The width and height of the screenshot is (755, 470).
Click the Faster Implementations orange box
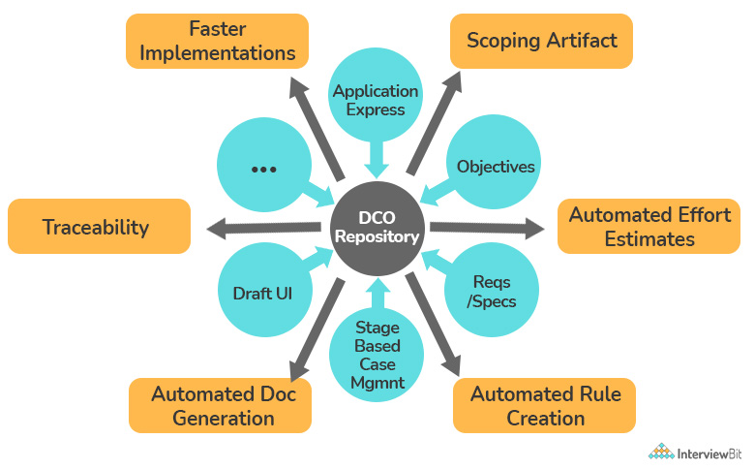pyautogui.click(x=217, y=41)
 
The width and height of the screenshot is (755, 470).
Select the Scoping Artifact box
pyautogui.click(x=541, y=41)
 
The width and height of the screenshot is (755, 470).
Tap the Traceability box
pyautogui.click(x=99, y=226)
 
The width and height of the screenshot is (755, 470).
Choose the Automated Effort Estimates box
pyautogui.click(x=649, y=226)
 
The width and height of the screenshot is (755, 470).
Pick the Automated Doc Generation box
pyautogui.click(x=220, y=405)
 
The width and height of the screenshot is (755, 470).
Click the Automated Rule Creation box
pyautogui.click(x=544, y=405)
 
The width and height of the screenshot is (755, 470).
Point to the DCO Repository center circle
pyautogui.click(x=377, y=229)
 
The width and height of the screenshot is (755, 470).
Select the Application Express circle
pyautogui.click(x=376, y=94)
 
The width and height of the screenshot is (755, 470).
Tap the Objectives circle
pyautogui.click(x=494, y=162)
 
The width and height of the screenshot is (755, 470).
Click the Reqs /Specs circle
pyautogui.click(x=491, y=290)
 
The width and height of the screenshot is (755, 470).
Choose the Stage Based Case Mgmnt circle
pyautogui.click(x=377, y=355)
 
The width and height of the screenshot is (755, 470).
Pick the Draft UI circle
pyautogui.click(x=265, y=290)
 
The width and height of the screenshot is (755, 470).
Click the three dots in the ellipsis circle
pyautogui.click(x=264, y=170)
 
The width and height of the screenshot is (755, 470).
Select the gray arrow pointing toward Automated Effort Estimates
pyautogui.click(x=487, y=228)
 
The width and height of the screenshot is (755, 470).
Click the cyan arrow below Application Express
pyautogui.click(x=377, y=160)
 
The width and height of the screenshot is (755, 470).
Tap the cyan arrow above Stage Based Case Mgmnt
pyautogui.click(x=377, y=293)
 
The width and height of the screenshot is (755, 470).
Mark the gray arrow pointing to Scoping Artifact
pyautogui.click(x=435, y=123)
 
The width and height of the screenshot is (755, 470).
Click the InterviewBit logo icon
pyautogui.click(x=661, y=452)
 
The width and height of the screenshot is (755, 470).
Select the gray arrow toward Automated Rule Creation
pyautogui.click(x=433, y=324)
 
